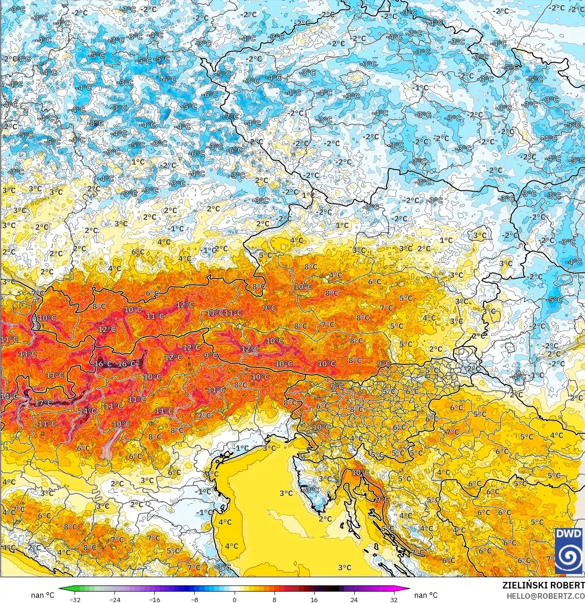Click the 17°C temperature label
(43, 403)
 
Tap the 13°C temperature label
(27, 354)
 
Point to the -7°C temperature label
(231, 116)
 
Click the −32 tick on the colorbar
(75, 599)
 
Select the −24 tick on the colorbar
(114, 599)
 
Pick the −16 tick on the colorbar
(154, 599)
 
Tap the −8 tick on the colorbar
(194, 599)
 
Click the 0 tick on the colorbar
(234, 599)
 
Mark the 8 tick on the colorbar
(274, 599)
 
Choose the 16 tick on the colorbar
(314, 599)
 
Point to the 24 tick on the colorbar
(354, 599)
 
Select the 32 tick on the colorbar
(394, 599)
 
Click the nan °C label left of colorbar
(42, 595)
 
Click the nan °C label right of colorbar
(425, 595)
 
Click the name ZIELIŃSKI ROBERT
(543, 585)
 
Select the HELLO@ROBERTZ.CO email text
(545, 596)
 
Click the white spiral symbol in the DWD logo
(569, 557)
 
